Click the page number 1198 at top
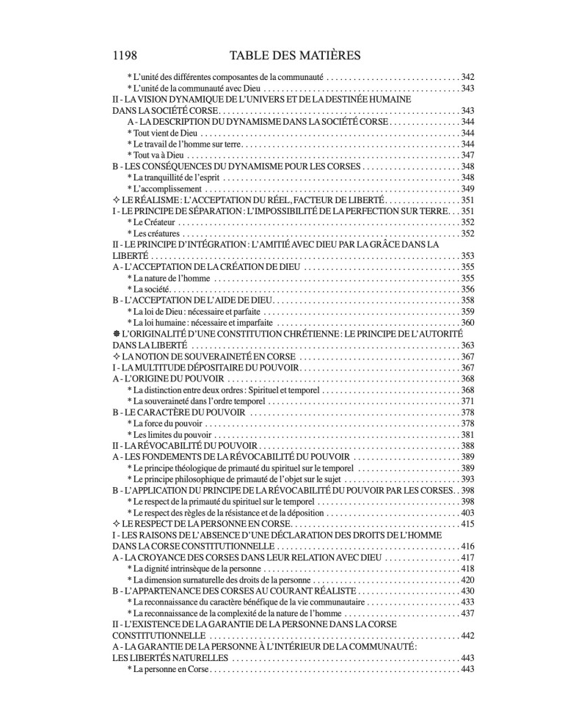click(x=126, y=55)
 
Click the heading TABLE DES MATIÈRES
click(x=293, y=55)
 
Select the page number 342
click(x=467, y=76)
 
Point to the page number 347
click(x=467, y=156)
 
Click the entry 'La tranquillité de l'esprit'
click(x=175, y=178)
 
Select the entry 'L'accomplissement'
click(x=161, y=189)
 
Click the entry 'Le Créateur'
click(x=153, y=222)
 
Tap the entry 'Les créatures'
click(x=154, y=233)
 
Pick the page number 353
click(x=467, y=256)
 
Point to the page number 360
click(x=467, y=323)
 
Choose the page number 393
click(x=467, y=479)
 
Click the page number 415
click(x=467, y=524)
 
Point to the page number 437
click(x=467, y=613)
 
